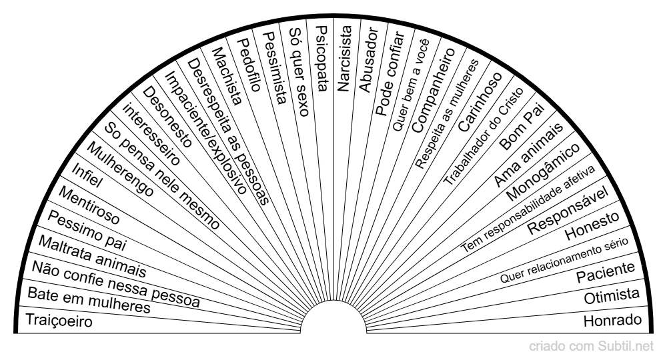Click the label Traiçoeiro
coord(59,321)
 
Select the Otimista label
coord(612,296)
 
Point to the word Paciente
coord(606,272)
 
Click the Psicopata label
coord(322,58)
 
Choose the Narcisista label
coord(344,59)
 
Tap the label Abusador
coord(368,60)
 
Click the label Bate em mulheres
coord(89,300)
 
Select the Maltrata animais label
coord(92,256)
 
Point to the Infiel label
coord(87,175)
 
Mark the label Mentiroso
coord(89,206)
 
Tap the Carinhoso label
coord(480,102)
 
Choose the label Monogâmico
coord(543,172)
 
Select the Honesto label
coord(592,226)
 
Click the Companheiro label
coord(434,90)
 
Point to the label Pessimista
coord(274,68)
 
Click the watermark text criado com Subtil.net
coord(591,347)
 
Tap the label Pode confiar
coord(390,73)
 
